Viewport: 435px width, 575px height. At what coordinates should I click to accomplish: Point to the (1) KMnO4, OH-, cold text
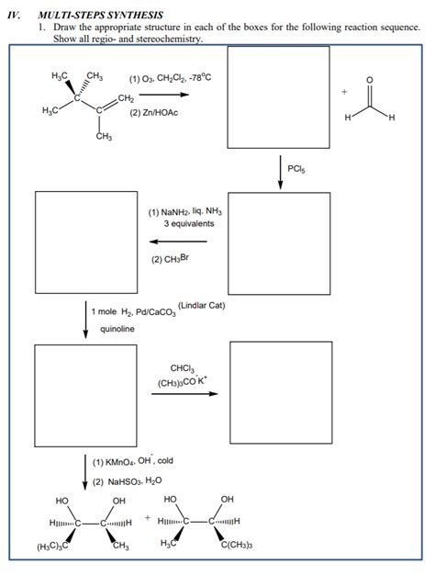coord(139,462)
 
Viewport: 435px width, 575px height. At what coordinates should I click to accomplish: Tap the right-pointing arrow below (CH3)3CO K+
coord(185,395)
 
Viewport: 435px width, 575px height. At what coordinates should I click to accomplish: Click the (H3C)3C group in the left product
coord(55,548)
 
